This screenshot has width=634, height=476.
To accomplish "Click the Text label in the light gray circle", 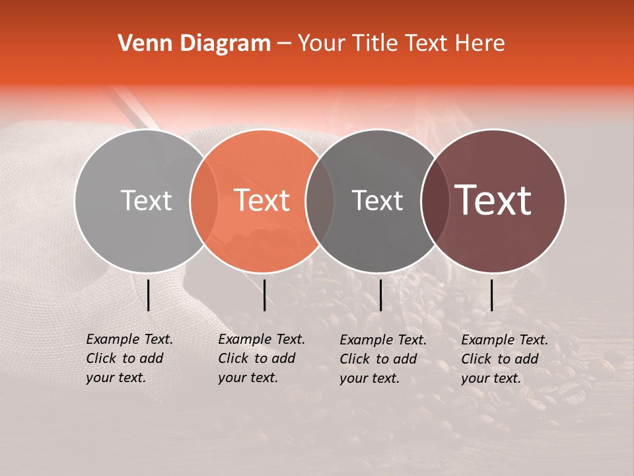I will coord(146,200).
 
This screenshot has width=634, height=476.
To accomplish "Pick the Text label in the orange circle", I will coord(262,200).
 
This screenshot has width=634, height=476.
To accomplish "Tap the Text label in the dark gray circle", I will coord(377,200).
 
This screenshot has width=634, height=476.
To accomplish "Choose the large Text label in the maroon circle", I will coord(493,200).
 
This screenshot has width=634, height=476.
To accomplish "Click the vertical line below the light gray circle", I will coord(148,295).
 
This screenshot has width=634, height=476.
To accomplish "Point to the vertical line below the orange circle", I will coord(264,295).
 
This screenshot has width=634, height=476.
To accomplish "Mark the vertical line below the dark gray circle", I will coord(380,295).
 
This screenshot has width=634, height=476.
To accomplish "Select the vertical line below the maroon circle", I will coord(491,295).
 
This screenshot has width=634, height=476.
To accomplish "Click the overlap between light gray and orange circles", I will coord(204,200).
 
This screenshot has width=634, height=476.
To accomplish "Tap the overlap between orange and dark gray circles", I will coord(320,200).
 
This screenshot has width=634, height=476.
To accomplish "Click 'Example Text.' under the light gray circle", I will coord(129,339).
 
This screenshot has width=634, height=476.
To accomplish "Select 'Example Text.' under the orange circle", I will coord(262,339).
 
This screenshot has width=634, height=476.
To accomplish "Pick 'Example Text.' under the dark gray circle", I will coord(383,340).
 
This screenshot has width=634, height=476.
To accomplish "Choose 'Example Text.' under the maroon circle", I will coord(505,340).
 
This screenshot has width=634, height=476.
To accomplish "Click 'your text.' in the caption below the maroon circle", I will coord(491,379).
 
